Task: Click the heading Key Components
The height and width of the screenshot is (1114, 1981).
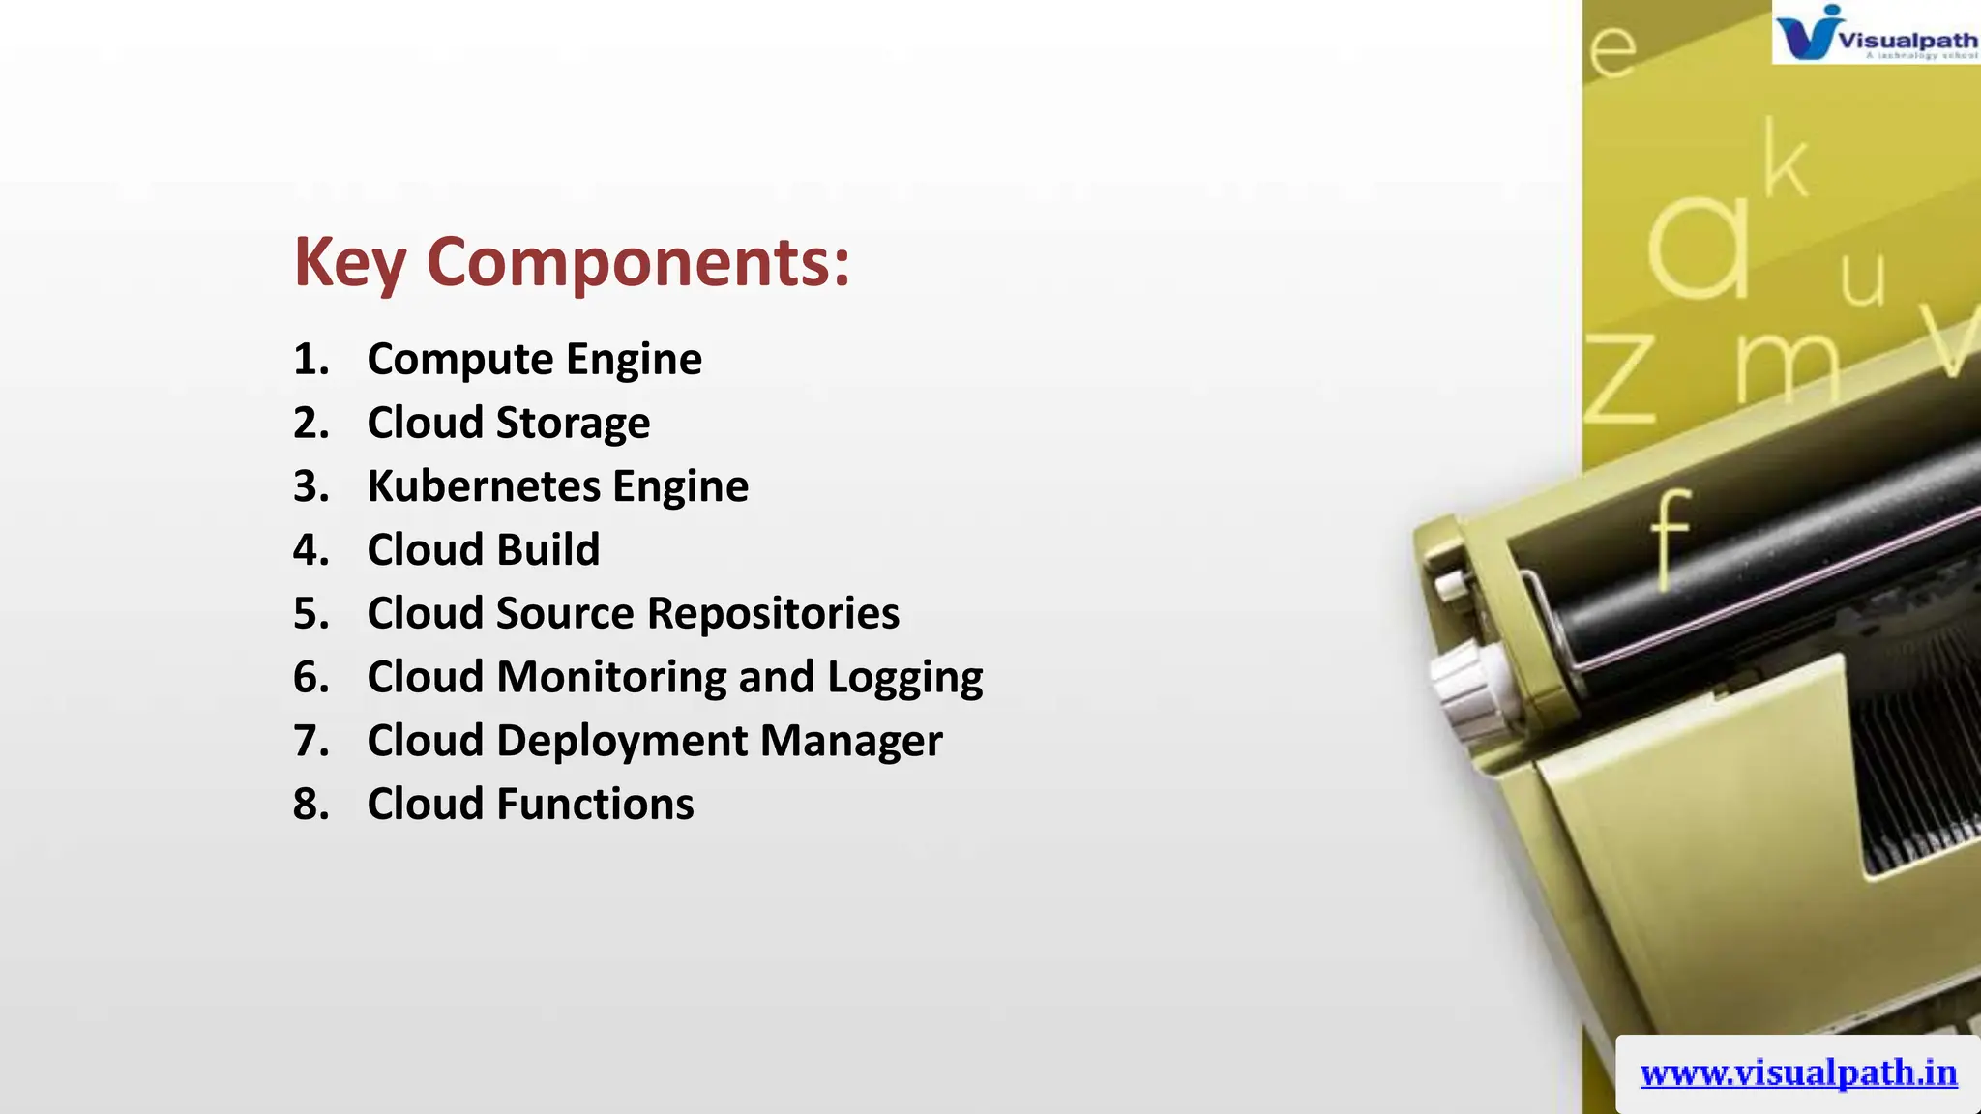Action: coord(572,263)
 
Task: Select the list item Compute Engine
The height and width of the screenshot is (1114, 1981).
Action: coord(534,360)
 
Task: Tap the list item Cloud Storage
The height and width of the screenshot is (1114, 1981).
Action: coord(508,424)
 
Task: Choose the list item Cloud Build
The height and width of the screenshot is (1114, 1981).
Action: coord(483,550)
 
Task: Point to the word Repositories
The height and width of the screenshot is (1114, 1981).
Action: coord(773,614)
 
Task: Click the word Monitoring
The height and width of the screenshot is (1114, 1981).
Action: coord(611,677)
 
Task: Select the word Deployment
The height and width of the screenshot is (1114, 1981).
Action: coord(622,741)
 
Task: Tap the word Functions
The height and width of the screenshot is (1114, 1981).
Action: coord(595,805)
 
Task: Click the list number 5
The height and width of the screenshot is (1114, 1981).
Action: coord(310,614)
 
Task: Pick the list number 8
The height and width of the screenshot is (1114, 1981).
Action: coord(310,805)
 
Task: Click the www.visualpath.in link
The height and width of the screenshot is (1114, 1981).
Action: coord(1798,1073)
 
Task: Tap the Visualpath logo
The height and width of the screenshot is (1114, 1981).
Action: coord(1875,33)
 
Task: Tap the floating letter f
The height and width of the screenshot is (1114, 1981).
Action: coord(1670,537)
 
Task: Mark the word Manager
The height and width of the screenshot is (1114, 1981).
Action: coord(850,742)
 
